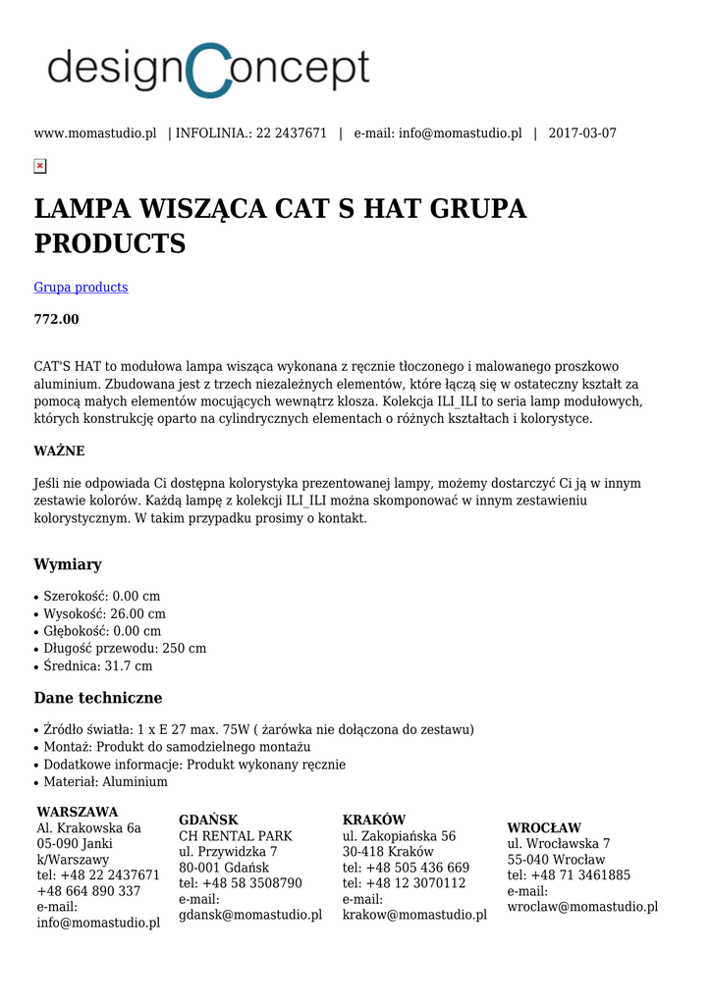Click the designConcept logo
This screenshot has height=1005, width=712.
[208, 70]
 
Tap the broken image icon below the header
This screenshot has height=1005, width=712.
[40, 166]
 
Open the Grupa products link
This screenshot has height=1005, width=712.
[81, 288]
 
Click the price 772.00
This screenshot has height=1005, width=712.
[57, 320]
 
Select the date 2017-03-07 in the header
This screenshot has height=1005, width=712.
[582, 133]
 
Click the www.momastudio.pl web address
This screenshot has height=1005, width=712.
[95, 133]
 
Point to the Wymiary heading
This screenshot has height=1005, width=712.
[68, 564]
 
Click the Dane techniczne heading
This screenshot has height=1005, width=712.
[98, 698]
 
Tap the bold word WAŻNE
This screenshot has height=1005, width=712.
[59, 451]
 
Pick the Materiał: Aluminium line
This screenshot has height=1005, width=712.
[105, 782]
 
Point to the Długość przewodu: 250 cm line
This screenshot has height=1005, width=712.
[125, 649]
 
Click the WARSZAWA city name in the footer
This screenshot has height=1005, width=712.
[78, 813]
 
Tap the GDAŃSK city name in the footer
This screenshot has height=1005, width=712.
[208, 820]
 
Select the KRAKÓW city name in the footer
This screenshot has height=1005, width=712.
[374, 820]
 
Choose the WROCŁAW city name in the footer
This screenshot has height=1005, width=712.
[544, 828]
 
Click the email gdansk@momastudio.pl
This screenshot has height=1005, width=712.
[250, 916]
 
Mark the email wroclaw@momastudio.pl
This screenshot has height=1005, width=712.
[582, 908]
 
